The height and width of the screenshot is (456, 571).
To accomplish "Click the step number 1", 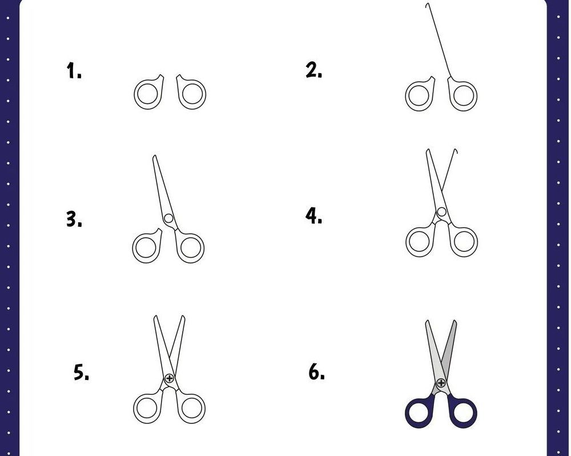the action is pos(74,71).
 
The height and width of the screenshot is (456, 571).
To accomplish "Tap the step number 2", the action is pos(314,70).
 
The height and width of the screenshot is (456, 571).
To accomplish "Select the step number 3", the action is pos(74,219).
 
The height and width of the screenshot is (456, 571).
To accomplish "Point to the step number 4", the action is pos(313,216).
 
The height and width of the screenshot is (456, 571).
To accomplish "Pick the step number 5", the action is pos(81,372).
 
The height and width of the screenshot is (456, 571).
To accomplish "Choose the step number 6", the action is pos(316,372).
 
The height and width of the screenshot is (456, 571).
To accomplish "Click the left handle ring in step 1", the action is pos(135,94).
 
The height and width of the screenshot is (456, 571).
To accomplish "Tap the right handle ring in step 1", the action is pos(203,94).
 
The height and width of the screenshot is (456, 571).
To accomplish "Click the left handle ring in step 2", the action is pos(407,95).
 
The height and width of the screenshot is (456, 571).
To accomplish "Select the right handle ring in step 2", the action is pos(475,95).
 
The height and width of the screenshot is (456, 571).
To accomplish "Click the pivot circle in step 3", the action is pos(168,218).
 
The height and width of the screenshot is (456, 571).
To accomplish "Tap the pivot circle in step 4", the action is pos(441,212).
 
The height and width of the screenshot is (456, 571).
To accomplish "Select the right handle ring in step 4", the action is pos(475,241).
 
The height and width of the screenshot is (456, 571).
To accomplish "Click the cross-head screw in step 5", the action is pos(170,378).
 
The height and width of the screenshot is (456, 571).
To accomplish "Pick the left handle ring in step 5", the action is pos(135,408).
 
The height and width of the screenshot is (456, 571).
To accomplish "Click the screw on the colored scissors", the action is pos(441,383).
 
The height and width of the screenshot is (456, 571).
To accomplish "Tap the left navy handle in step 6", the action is pos(408,413).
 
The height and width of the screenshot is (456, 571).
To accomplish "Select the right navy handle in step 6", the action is pos(475,413).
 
